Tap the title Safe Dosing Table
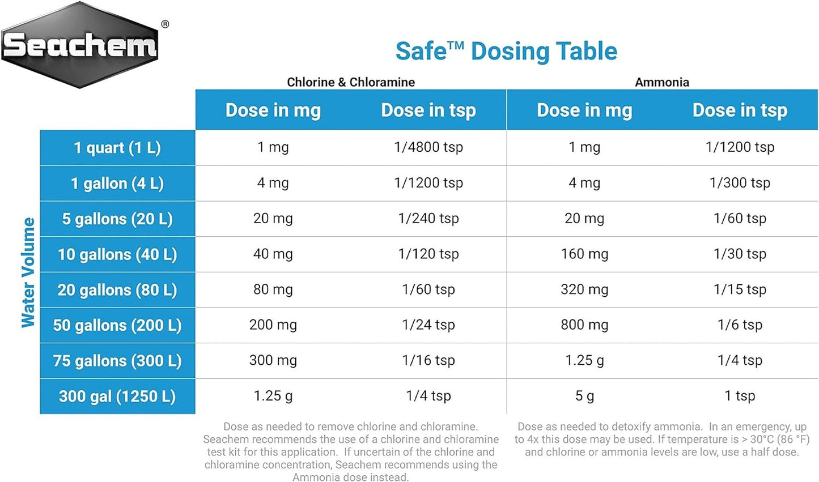[506, 51]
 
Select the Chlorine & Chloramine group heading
[351, 82]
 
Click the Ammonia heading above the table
[662, 82]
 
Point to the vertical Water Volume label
[28, 272]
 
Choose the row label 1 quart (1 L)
[117, 148]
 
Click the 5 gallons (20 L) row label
[117, 219]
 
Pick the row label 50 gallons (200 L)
[117, 325]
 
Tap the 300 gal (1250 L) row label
[117, 396]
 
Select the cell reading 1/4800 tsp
[428, 147]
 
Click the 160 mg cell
[584, 254]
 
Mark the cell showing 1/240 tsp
[428, 218]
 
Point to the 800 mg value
[584, 325]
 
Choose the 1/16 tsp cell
[428, 360]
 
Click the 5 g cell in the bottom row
[584, 396]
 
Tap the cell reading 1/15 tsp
[740, 289]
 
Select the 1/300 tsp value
[740, 183]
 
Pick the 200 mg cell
[273, 325]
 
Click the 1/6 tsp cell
[740, 325]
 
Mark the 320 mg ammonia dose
[584, 289]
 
